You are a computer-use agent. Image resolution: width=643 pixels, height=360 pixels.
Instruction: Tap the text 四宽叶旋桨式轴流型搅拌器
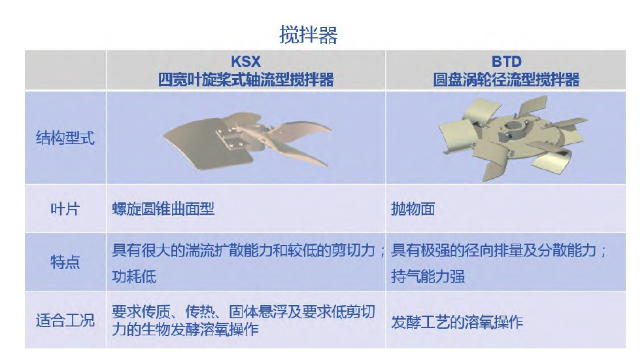[246, 78]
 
